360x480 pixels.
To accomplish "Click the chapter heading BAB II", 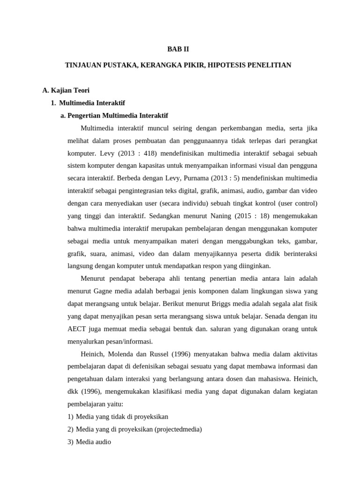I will click(x=178, y=49).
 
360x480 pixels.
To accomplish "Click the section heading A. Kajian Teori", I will click(x=66, y=90).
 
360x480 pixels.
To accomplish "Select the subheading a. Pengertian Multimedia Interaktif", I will click(x=114, y=115).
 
